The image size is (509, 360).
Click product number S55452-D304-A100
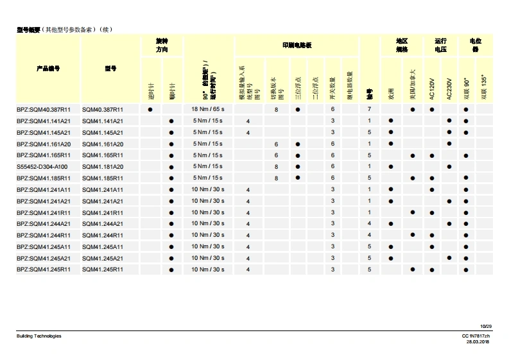42,167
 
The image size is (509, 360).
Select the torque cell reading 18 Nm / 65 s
207,110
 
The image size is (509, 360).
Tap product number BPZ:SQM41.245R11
44,270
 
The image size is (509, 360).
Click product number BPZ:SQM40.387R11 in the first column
44,110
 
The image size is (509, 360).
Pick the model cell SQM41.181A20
103,167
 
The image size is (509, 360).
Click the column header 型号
110,68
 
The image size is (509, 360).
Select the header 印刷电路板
297,46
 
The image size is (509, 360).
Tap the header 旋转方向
162,45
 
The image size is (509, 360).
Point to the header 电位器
476,45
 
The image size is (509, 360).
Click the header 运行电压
440,45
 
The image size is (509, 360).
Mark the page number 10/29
485,327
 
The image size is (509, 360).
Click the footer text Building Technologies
39,336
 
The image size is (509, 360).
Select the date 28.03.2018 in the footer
478,342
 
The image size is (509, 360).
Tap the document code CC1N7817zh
476,336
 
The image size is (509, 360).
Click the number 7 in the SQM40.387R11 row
370,110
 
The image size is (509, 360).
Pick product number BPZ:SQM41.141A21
44,121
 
